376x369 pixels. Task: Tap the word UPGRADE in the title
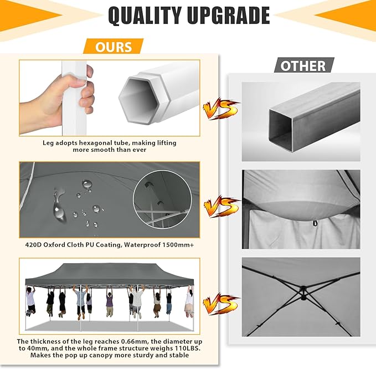pyautogui.click(x=229, y=16)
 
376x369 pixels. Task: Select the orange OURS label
pyautogui.click(x=114, y=47)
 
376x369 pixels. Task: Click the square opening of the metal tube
pyautogui.click(x=281, y=131)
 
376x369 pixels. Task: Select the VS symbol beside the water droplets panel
pyautogui.click(x=221, y=207)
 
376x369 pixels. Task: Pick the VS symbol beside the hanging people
pyautogui.click(x=220, y=304)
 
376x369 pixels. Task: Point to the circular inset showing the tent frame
pyautogui.click(x=163, y=199)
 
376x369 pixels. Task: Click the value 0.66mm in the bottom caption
pyautogui.click(x=134, y=341)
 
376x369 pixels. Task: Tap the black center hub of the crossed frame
pyautogui.click(x=303, y=293)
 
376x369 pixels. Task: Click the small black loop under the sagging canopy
pyautogui.click(x=315, y=223)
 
